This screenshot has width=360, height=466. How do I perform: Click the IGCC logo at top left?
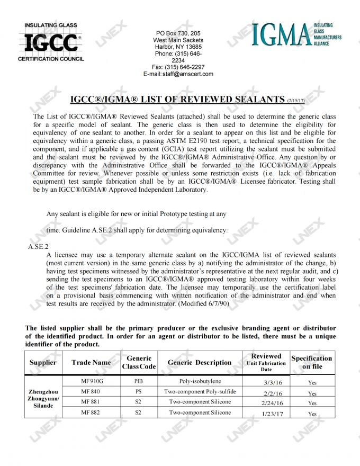point(51,42)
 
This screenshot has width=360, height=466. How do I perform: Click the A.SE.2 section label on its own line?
point(38,247)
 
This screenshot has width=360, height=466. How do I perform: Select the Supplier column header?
point(43,363)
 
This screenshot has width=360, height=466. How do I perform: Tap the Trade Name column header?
point(91,363)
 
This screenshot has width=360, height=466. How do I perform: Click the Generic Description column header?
point(199,363)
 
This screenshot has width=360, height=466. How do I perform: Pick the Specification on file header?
point(312,362)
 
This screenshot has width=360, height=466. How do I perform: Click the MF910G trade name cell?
point(91,381)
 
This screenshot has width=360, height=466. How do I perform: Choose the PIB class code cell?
point(138,381)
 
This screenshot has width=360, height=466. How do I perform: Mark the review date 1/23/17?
point(272,414)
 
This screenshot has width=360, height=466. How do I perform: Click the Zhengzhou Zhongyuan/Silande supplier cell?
point(43,398)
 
